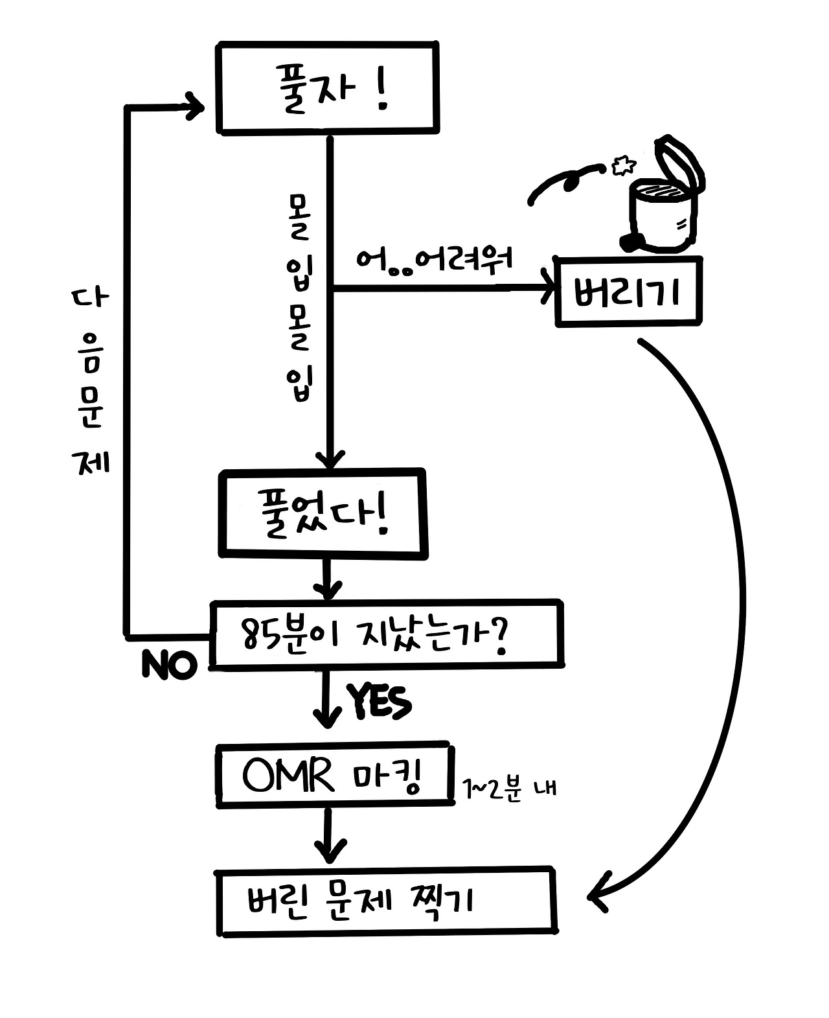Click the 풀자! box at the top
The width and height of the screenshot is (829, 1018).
(327, 87)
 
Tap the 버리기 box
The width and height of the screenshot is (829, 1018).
(628, 292)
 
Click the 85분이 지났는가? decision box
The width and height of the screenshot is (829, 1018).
(386, 634)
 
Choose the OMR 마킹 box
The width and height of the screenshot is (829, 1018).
(334, 776)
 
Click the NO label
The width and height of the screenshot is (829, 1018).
(168, 665)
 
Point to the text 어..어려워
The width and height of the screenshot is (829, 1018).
(434, 260)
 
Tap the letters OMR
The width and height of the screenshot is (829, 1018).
(288, 775)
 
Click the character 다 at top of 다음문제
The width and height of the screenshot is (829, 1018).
(90, 300)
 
